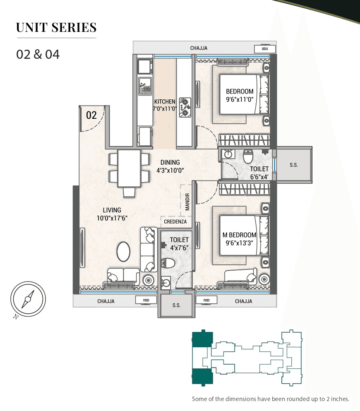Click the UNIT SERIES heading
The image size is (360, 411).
[x=56, y=28]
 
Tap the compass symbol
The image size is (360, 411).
[x=28, y=298]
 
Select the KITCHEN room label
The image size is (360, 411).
[x=165, y=101]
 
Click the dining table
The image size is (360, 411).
[x=129, y=168]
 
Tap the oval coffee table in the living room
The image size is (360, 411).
[x=123, y=251]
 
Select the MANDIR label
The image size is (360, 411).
[x=187, y=202]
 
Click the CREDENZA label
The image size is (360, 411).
[x=175, y=222]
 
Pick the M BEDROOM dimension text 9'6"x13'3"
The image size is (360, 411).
[x=239, y=243]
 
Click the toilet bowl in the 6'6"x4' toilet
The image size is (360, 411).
[x=248, y=156]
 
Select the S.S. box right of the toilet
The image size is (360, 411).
[x=294, y=165]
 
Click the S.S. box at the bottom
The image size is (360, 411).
[x=176, y=305]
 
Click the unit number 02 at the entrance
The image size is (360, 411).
[x=91, y=115]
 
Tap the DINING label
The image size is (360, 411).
[x=170, y=162]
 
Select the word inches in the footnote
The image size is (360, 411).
[x=341, y=399]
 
